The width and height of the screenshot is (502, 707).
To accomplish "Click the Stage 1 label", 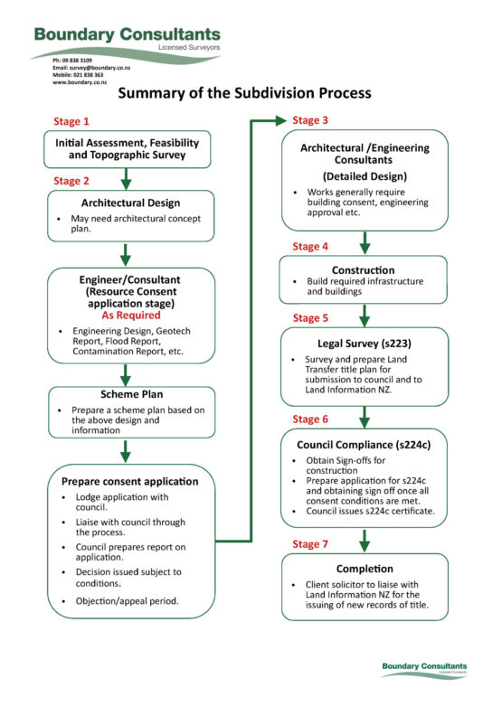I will tap(71, 121).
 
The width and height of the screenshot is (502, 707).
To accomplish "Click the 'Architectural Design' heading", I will tap(131, 203).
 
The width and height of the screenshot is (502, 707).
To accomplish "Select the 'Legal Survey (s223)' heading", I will tap(365, 344).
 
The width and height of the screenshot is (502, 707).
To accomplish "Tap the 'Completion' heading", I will tap(365, 569).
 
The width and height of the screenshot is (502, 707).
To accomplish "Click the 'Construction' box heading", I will tap(365, 269).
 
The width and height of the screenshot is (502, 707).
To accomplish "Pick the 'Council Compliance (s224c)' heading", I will tap(365, 445).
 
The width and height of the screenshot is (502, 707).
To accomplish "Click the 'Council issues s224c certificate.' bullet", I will tap(369, 511).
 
